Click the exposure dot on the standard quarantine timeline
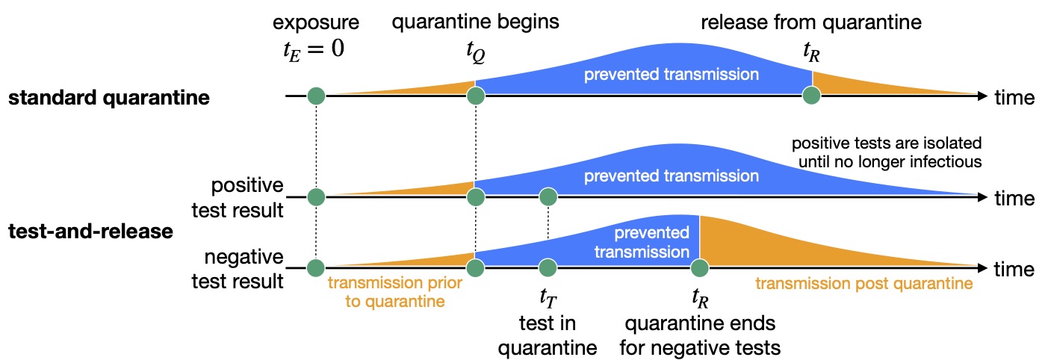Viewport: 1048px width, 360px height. coord(316,96)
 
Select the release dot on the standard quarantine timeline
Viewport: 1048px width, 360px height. coord(812,96)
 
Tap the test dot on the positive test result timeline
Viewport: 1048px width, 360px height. coord(548,197)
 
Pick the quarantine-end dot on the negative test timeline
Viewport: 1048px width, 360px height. coord(699,268)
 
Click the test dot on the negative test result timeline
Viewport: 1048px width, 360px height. coord(548,268)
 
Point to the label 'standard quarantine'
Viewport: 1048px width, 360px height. coord(109,98)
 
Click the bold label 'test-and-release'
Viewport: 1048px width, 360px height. coord(91,232)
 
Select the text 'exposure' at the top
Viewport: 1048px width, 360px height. coord(316,22)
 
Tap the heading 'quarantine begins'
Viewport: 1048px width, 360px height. coord(475,22)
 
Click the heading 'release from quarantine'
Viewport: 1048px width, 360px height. coord(811,22)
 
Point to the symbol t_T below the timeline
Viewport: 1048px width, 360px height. coord(548,297)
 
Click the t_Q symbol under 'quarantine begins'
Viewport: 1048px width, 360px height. coord(476,52)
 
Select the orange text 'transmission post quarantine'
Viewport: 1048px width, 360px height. coord(864,283)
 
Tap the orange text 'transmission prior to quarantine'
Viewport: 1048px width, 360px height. coord(395,292)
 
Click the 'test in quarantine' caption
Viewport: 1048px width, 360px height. coord(548,335)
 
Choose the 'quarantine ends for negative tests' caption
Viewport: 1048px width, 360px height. coord(700,335)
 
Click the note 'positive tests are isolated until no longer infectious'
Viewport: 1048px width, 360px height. coord(887,152)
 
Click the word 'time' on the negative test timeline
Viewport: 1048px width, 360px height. coord(1014,270)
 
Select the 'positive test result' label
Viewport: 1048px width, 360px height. coord(238,197)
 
